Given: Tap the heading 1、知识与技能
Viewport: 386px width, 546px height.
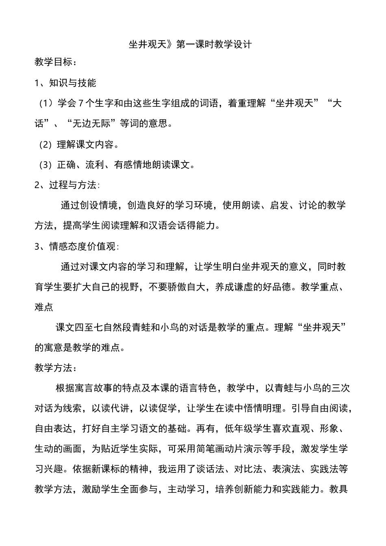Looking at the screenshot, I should [65, 83].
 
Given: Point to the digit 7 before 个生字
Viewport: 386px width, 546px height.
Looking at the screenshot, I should [80, 103].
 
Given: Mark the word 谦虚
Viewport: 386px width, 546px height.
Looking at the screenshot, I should [244, 287].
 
